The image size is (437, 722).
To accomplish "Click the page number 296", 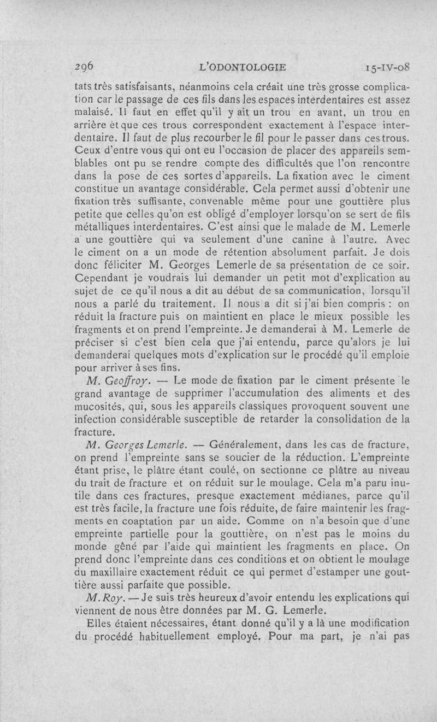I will [x=85, y=67].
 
